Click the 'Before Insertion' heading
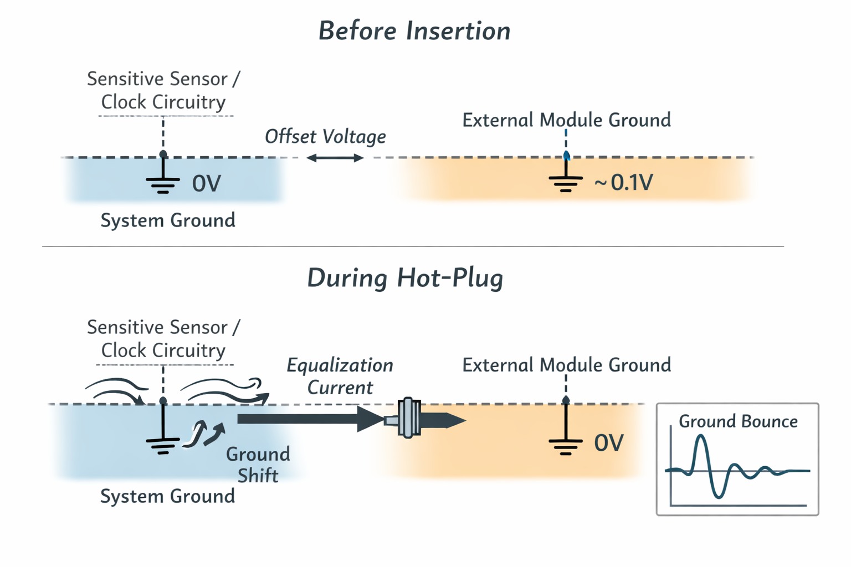(414, 31)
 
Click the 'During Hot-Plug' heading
(405, 278)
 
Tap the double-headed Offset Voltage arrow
(335, 158)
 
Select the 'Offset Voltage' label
(325, 137)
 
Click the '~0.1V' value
(624, 182)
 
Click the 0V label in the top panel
(206, 184)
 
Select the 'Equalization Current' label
(340, 376)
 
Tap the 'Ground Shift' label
(258, 465)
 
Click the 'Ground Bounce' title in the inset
(738, 421)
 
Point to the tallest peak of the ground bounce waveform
(701, 437)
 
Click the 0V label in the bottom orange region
(609, 443)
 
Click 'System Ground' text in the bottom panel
(167, 496)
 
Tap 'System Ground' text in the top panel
(168, 220)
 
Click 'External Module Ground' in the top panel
(566, 120)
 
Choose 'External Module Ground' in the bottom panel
(566, 365)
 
